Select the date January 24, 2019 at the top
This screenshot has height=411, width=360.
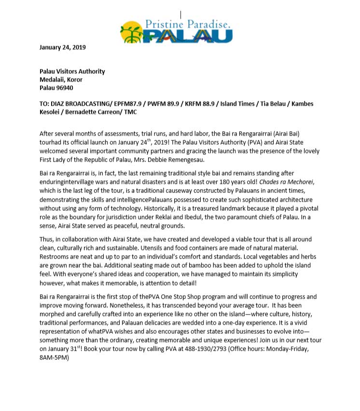point(63,47)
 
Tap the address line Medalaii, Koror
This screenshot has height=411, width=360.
point(61,80)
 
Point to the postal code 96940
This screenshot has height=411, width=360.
point(64,88)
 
